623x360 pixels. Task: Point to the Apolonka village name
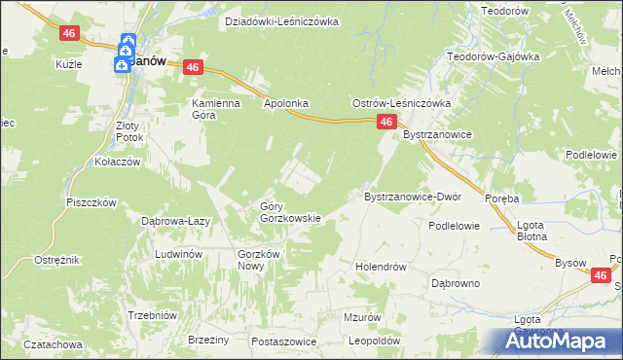click(286, 102)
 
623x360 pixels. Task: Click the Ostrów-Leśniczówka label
click(401, 103)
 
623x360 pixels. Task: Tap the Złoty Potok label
click(128, 131)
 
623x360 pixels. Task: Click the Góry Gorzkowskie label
click(290, 212)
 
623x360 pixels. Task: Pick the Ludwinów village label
click(178, 254)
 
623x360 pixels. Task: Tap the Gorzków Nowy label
click(258, 260)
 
